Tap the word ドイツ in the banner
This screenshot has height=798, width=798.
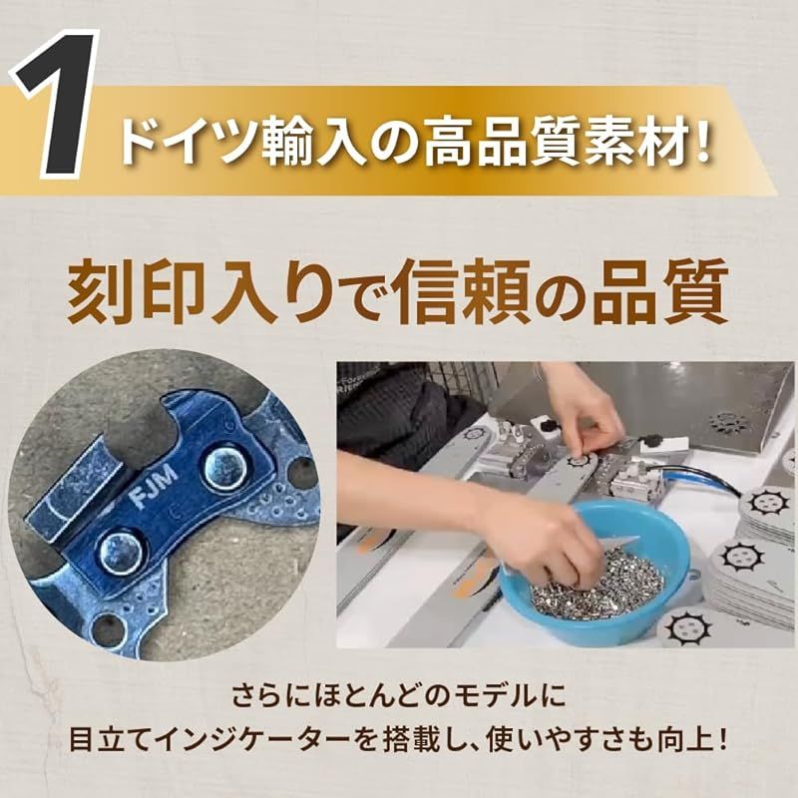click(x=177, y=142)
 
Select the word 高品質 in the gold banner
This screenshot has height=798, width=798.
click(x=487, y=142)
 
